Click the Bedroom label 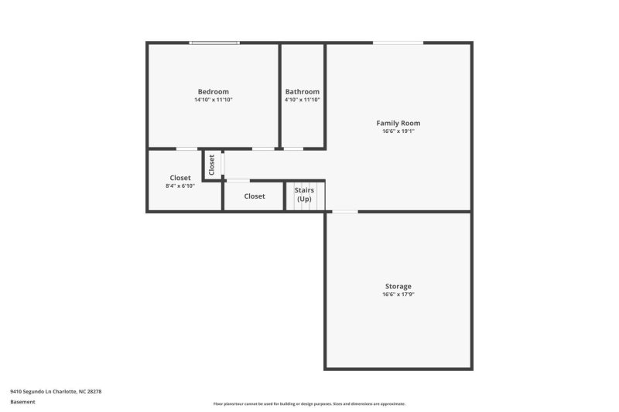(x=213, y=92)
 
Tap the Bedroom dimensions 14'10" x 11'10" (x=213, y=100)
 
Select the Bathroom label (x=302, y=92)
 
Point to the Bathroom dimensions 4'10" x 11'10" (x=302, y=100)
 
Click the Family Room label (x=398, y=123)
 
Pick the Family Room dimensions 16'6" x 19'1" (x=398, y=131)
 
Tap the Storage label (x=398, y=286)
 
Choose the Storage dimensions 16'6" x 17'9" (x=398, y=295)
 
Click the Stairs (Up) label (x=303, y=194)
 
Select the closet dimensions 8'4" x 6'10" (x=180, y=186)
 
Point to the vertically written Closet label (x=211, y=165)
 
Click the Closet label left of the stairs (x=255, y=196)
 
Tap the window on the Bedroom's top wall (x=215, y=43)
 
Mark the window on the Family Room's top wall (x=398, y=43)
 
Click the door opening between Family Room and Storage (x=345, y=211)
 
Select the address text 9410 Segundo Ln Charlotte (x=56, y=391)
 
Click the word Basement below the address (x=22, y=402)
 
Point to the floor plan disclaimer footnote (x=309, y=403)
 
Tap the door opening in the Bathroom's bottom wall (x=293, y=148)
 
